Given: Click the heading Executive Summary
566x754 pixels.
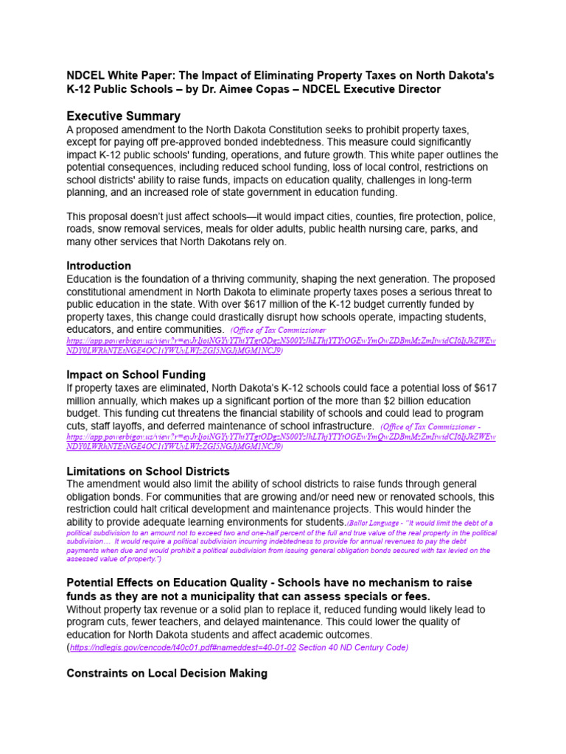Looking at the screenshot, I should [x=123, y=116].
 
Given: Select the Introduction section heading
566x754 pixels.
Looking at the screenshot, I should [x=99, y=265].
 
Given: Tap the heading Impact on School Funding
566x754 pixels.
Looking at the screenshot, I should [x=136, y=374].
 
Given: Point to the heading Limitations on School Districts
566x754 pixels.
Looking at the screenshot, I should [x=147, y=471].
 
